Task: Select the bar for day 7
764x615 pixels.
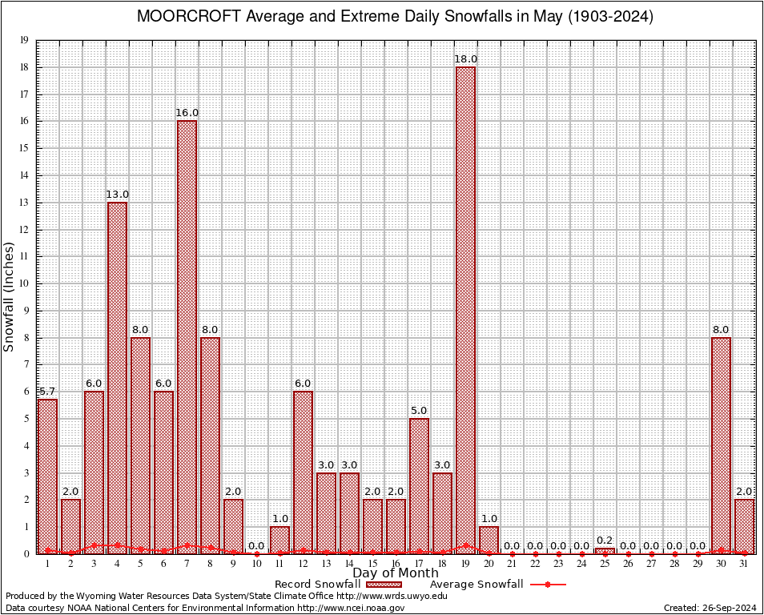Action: pos(187,336)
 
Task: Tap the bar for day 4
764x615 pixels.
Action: pos(117,376)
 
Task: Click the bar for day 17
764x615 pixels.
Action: pos(419,485)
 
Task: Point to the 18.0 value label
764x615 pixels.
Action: pos(465,59)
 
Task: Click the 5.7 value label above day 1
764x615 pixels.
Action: pos(47,392)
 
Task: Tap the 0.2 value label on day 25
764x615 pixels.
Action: pos(605,540)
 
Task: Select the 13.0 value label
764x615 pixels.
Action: pos(117,195)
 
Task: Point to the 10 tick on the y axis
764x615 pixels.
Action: pos(24,283)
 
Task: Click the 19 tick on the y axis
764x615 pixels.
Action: pos(24,40)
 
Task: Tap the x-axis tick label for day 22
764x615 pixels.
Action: pos(535,564)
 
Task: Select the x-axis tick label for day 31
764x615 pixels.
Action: pos(744,564)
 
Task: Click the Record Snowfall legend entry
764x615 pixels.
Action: pos(317,584)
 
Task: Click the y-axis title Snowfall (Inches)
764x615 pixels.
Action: pos(10,296)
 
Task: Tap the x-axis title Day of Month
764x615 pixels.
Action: pos(395,573)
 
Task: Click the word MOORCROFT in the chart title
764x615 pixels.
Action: pos(183,17)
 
